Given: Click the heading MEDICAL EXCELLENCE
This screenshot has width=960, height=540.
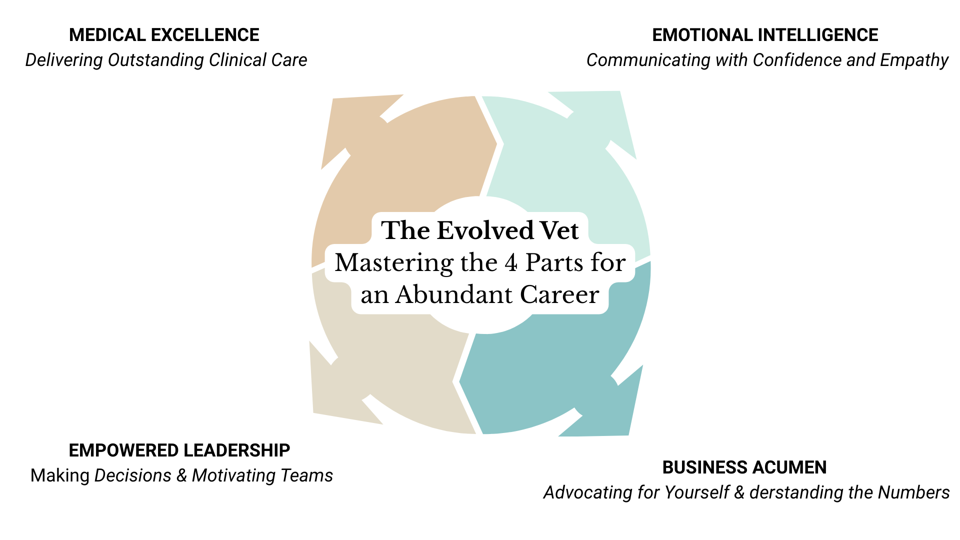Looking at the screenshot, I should click(x=164, y=35).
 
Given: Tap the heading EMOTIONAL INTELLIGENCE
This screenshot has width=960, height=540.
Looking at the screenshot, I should click(x=765, y=35).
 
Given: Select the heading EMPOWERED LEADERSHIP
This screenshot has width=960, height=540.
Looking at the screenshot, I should click(x=179, y=450).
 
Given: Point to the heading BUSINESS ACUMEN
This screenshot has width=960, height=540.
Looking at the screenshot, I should click(x=744, y=467).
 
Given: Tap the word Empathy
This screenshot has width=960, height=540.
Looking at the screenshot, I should click(x=914, y=60).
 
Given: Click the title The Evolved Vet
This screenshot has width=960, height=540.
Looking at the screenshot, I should click(x=479, y=230).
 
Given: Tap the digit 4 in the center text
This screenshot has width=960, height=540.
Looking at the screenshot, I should click(x=510, y=263).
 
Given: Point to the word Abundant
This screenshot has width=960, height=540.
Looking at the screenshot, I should click(x=454, y=295).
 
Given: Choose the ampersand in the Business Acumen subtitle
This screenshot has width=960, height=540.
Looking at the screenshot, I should click(x=739, y=493).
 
